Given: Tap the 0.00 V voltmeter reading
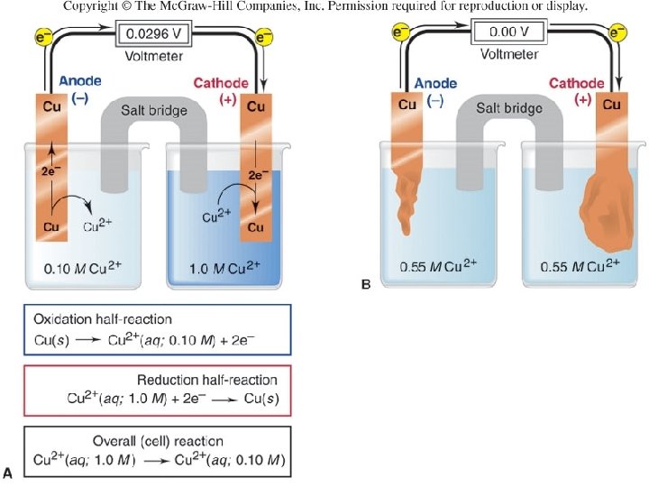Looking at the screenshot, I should tap(509, 32).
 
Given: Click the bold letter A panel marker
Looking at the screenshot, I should tap(9, 471).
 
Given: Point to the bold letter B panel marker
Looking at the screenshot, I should tap(366, 285).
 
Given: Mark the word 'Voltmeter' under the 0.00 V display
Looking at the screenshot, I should tap(509, 53).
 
